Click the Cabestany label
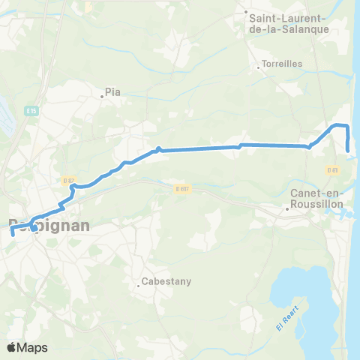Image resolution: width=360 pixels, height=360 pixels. point(167,281)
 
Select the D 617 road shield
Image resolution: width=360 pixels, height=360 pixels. point(181,189)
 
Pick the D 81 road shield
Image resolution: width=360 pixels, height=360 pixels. point(333,170)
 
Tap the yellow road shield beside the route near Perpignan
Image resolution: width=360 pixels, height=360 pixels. point(69,180)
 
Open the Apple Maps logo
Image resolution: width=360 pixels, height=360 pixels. point(28,347)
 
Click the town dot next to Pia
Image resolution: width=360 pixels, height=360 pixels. point(103,96)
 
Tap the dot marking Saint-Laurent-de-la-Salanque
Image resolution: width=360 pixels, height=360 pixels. point(247,12)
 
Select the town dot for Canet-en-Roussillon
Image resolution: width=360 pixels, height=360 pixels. point(286,209)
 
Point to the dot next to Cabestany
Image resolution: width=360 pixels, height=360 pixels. point(139,284)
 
